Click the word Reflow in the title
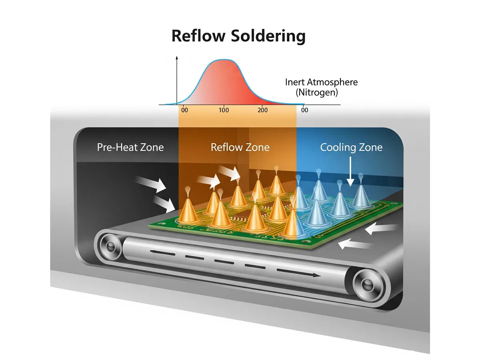coord(199,36)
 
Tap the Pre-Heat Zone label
coord(130,147)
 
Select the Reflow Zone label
coord(240,147)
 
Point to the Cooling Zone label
coord(351,147)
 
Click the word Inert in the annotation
coord(294,82)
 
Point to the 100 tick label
coord(224,110)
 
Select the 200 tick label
coord(263,110)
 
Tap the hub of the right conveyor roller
coord(366,284)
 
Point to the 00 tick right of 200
coord(305,110)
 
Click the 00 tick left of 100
coord(184,110)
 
